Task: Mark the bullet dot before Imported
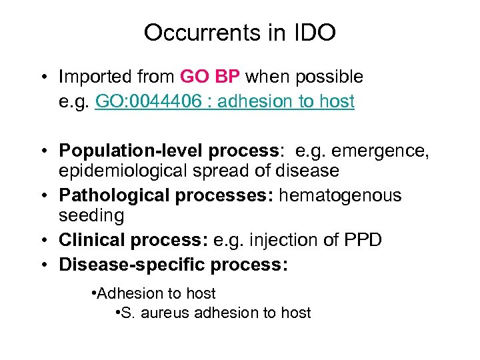pyautogui.click(x=43, y=77)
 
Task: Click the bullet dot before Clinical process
pyautogui.click(x=43, y=240)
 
